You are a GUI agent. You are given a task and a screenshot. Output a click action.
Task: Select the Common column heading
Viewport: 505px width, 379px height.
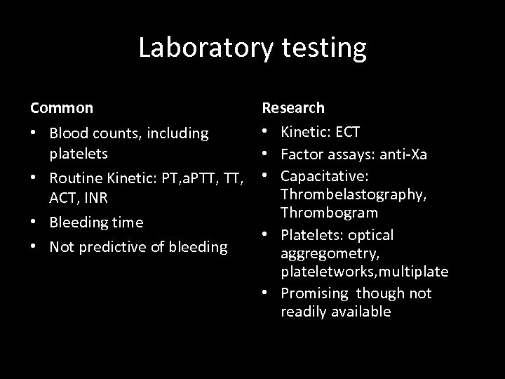click(x=61, y=108)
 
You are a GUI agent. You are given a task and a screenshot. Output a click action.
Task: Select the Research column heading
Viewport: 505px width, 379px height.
click(x=293, y=108)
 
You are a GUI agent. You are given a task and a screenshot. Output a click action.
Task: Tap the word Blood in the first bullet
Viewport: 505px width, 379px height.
click(x=69, y=133)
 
